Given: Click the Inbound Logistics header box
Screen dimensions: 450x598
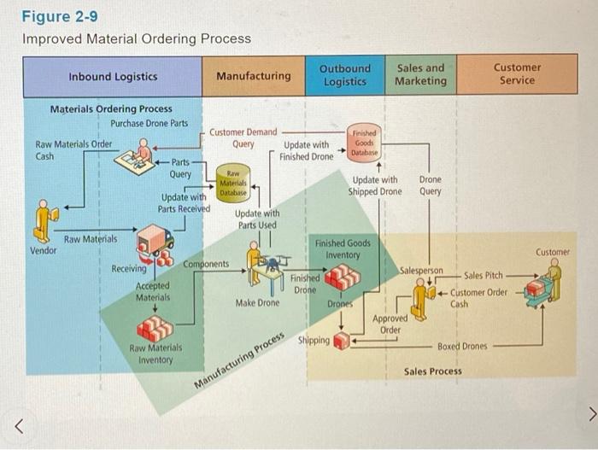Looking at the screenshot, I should click(x=113, y=76).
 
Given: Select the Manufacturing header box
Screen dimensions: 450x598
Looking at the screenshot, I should click(x=253, y=76).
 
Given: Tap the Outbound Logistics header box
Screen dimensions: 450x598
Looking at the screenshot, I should click(x=345, y=75).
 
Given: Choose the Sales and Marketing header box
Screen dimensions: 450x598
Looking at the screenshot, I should click(x=420, y=75).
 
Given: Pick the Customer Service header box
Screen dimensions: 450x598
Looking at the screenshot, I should click(x=517, y=75).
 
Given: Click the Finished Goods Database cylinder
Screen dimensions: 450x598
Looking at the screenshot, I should click(x=364, y=142).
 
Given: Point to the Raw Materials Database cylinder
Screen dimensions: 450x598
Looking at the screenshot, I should click(x=232, y=181).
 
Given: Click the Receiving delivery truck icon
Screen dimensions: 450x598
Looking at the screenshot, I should click(x=155, y=243).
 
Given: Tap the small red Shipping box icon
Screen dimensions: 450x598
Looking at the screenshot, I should click(x=343, y=341).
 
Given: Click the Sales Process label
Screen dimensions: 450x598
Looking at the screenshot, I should click(x=432, y=371).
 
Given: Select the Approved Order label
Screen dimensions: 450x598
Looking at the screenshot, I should click(x=390, y=324).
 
